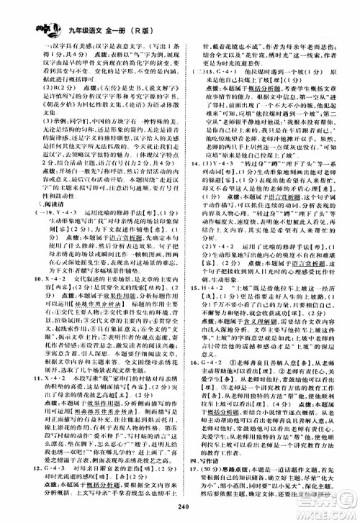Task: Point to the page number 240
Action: [x=179, y=511]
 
